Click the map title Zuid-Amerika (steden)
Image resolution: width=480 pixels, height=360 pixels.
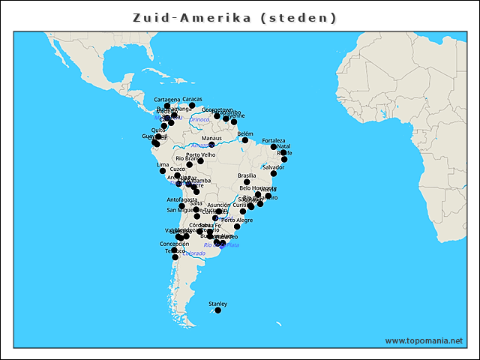235,17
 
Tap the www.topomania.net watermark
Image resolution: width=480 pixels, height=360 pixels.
424,340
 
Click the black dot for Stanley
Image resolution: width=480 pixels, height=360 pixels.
217,310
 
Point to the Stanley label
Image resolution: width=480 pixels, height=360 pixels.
217,303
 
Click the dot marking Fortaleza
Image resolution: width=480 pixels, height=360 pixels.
274,147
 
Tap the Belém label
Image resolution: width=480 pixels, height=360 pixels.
245,133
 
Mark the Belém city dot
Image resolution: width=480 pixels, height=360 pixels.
245,140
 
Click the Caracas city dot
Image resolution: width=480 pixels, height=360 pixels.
192,106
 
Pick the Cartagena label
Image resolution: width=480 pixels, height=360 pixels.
167,99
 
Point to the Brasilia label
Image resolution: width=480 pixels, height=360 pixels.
247,175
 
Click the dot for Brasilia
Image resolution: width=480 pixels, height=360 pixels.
247,181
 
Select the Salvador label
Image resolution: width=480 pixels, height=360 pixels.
274,166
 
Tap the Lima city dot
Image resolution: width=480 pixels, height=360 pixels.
163,171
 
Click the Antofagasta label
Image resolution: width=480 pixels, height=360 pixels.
182,199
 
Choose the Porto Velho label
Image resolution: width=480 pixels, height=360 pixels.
200,154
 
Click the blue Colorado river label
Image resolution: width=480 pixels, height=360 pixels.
194,253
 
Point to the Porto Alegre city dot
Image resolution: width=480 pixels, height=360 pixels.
237,226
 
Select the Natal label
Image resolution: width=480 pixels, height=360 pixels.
283,146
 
